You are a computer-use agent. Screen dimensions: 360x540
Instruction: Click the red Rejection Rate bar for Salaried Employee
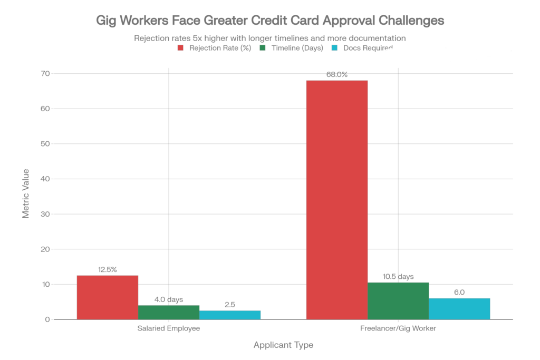tap(108, 297)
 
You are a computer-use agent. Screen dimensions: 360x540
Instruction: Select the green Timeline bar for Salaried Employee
tap(169, 312)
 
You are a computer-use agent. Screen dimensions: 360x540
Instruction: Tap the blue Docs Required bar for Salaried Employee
tap(230, 314)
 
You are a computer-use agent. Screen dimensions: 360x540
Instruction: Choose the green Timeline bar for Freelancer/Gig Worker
tap(398, 300)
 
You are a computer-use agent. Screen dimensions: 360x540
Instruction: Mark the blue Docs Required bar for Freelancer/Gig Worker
tap(459, 308)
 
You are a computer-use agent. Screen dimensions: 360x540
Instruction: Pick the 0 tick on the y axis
tap(47, 319)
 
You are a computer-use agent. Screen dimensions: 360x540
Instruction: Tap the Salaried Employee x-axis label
tap(169, 328)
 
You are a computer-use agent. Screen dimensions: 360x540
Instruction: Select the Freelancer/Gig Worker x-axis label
tap(398, 328)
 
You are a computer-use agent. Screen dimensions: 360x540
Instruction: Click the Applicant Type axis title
tap(283, 346)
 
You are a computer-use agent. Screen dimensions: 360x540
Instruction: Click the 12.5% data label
tap(108, 269)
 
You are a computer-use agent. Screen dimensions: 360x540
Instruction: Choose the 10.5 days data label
tap(398, 276)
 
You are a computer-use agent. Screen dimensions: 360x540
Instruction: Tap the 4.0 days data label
tap(169, 299)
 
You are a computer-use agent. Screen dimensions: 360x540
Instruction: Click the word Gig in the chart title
tap(107, 21)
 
